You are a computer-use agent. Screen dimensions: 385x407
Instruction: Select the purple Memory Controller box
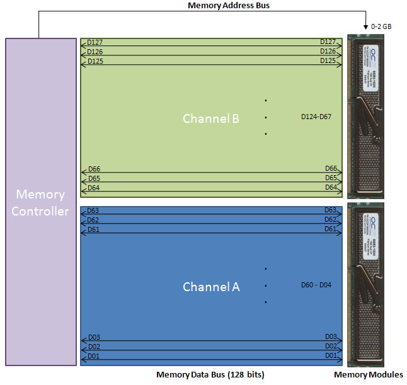41,202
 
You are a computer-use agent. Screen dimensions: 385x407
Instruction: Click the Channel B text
210,118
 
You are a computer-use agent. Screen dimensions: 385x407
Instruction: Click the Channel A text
211,287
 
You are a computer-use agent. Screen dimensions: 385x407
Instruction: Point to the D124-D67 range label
316,117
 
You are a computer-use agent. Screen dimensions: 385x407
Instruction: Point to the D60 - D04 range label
316,285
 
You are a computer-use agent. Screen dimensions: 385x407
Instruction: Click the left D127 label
95,42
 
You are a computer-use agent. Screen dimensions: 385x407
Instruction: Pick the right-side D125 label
328,60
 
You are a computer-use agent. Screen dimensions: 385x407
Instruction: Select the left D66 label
94,169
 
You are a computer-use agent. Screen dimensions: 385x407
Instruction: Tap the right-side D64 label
331,187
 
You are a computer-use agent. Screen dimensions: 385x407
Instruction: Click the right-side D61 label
331,229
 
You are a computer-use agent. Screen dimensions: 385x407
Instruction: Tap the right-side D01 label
331,355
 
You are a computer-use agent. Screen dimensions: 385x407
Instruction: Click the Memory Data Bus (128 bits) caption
210,375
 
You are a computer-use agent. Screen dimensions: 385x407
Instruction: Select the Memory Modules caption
369,375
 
